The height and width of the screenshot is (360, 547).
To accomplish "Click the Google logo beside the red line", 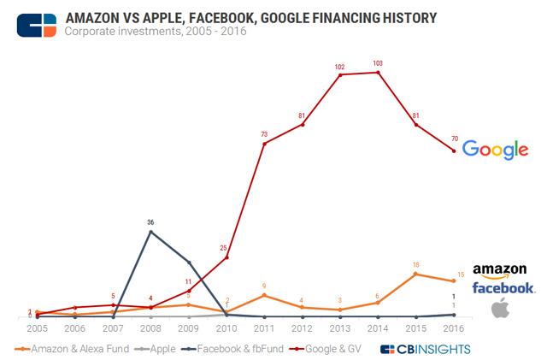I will point(495,150).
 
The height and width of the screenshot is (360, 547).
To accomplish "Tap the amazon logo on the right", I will point(503,270).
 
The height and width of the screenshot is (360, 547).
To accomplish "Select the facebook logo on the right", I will point(503,288).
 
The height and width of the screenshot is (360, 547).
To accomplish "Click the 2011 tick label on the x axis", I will point(265,328).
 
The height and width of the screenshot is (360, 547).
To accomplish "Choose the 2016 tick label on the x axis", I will point(453,328).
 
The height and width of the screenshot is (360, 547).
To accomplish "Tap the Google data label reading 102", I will point(340,67).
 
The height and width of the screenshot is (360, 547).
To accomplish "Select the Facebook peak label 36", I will point(150,222).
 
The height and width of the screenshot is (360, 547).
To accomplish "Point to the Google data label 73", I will point(265,134).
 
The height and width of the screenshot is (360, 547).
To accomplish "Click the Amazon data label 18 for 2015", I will point(415,265).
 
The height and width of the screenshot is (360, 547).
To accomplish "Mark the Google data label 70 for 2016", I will point(453,138).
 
